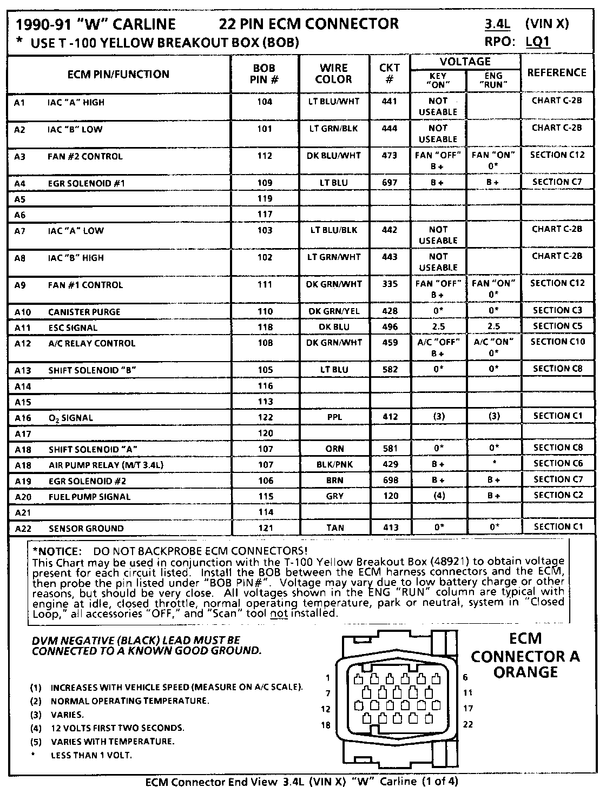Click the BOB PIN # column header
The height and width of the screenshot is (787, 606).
[x=264, y=74]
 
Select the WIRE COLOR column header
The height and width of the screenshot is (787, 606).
[x=333, y=74]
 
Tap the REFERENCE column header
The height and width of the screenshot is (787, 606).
[x=557, y=72]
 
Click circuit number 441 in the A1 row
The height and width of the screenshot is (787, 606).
[x=389, y=101]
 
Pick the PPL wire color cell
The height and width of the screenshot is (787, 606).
[x=334, y=417]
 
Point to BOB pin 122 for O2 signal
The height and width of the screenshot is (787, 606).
[x=265, y=417]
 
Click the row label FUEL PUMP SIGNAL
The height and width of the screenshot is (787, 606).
[x=89, y=497]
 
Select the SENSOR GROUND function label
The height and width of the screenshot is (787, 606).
[x=86, y=529]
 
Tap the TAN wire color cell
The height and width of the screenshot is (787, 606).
[x=334, y=528]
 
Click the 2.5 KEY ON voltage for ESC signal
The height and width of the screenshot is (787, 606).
[x=438, y=326]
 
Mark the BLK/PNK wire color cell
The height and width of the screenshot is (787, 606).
[x=334, y=464]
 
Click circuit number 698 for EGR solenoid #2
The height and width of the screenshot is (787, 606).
[x=390, y=480]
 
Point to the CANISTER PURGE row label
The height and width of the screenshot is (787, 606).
[x=84, y=312]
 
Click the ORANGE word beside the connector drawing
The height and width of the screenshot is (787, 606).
[x=525, y=672]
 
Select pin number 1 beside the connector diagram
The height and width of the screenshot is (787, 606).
[x=328, y=678]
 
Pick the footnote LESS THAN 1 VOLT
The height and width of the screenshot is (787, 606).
[x=91, y=755]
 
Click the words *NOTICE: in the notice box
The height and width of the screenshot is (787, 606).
[x=57, y=551]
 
